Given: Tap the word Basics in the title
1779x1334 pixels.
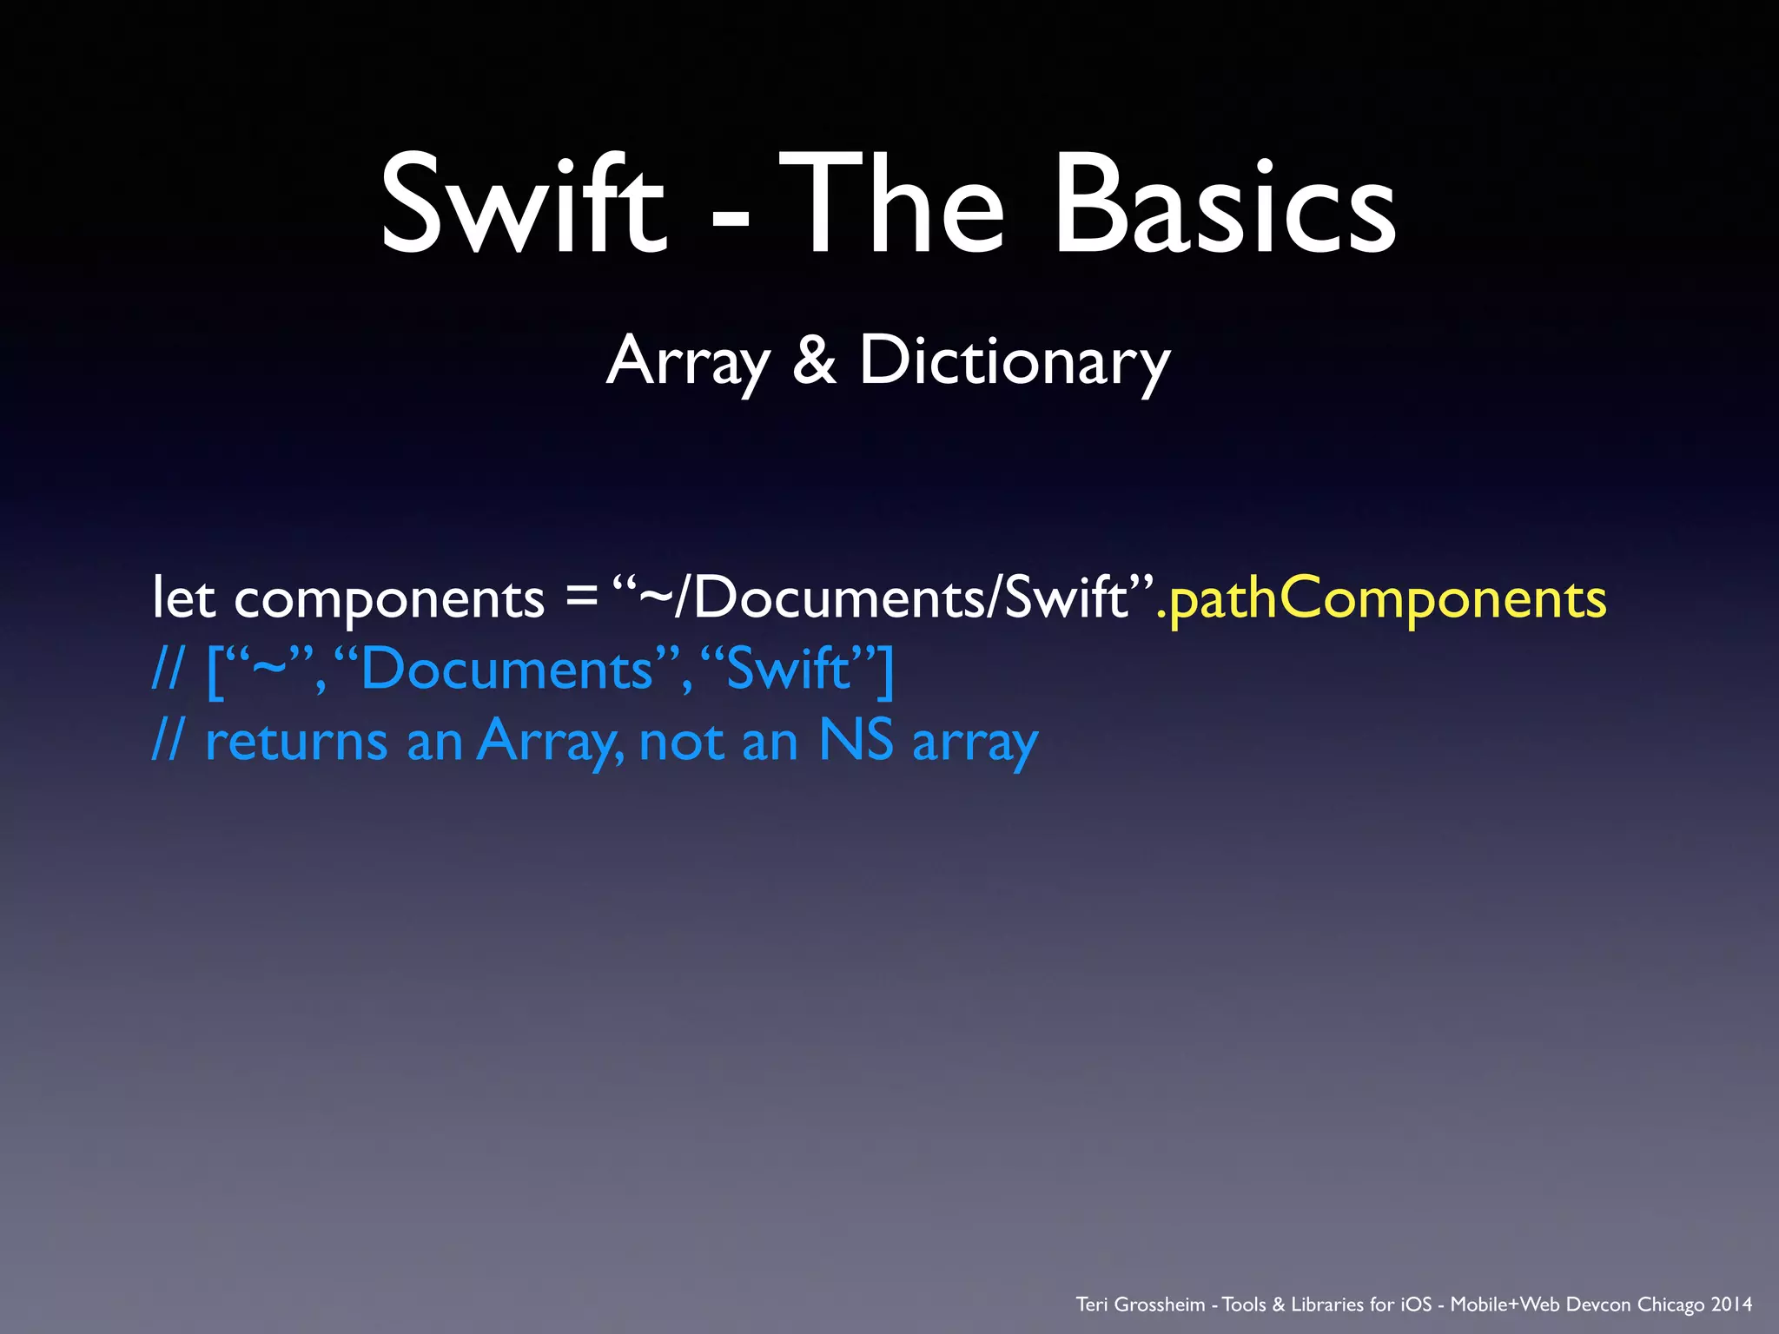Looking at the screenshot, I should [x=1225, y=205].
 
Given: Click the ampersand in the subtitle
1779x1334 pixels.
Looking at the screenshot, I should [x=814, y=360].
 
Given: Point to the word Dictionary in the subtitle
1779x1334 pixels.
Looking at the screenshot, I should [x=1015, y=361].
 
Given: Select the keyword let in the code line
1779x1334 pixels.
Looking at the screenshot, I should [x=183, y=598].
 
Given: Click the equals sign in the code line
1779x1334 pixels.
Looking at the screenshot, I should [x=580, y=599].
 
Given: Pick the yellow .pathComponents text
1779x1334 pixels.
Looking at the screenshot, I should [x=1382, y=599].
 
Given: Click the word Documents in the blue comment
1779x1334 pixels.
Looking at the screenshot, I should [x=506, y=670].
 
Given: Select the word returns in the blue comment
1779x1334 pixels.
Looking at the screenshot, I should [x=296, y=743].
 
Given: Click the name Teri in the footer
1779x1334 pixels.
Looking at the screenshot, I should [x=1092, y=1304].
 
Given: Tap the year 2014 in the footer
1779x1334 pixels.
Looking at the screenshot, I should [x=1731, y=1304].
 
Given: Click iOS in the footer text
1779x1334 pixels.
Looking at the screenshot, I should [x=1416, y=1304].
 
